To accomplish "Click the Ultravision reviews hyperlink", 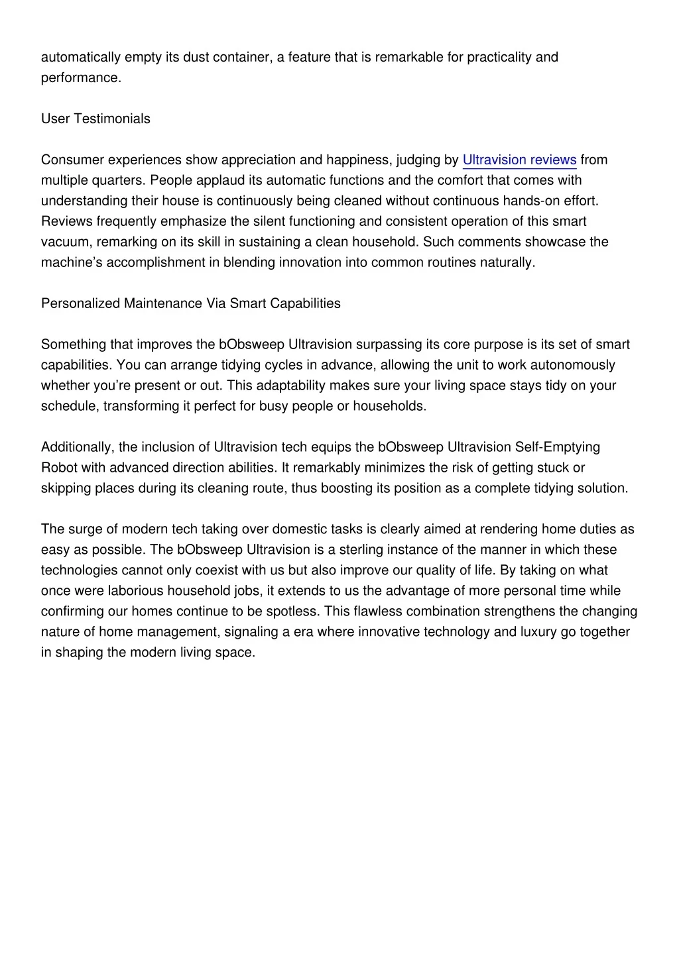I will (519, 160).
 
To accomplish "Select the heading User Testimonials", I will (95, 119).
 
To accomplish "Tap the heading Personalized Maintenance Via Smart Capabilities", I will (191, 303).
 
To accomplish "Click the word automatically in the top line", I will (81, 57).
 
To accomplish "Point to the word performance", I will (80, 78).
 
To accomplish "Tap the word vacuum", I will (65, 242).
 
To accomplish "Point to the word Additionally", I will (78, 447).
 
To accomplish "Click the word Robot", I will (59, 468).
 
